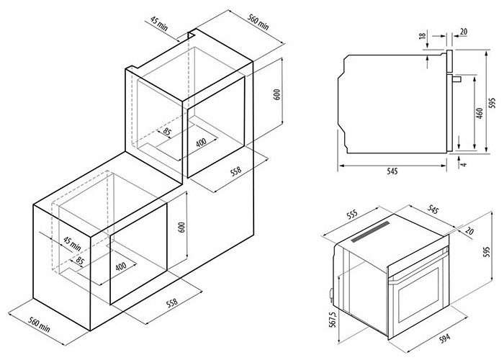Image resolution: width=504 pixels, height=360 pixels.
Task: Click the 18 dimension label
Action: pos(423,35)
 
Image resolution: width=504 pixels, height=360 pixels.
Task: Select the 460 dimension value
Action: pos(480,114)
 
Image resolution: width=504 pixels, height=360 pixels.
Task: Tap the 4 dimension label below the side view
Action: pos(463,165)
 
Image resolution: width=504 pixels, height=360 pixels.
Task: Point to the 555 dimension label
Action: pos(353,215)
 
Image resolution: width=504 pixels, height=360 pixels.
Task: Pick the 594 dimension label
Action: pos(445,338)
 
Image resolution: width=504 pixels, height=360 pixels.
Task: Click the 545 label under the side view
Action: pos(392,171)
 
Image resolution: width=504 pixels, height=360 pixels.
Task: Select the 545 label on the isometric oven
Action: pos(433,210)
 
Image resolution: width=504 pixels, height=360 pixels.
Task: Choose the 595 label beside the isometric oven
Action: pos(487,252)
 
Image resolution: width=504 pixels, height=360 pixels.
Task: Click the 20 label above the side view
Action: pos(464,32)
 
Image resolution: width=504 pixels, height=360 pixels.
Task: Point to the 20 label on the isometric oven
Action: pos(469,231)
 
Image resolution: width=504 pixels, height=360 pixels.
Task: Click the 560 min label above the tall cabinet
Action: pos(258,22)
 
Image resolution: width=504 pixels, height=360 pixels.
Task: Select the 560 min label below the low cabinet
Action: pos(39,325)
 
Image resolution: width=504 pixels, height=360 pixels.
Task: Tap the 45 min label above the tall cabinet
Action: pos(159,24)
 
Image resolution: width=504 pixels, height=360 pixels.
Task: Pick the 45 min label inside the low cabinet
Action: pos(72,243)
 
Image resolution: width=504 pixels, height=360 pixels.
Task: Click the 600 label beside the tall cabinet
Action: pos(277,94)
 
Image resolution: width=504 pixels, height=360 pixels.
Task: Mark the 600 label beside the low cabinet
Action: pos(182,228)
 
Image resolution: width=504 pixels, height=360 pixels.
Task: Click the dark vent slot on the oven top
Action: pos(370,232)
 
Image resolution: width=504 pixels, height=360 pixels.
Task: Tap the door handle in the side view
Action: pos(457,78)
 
